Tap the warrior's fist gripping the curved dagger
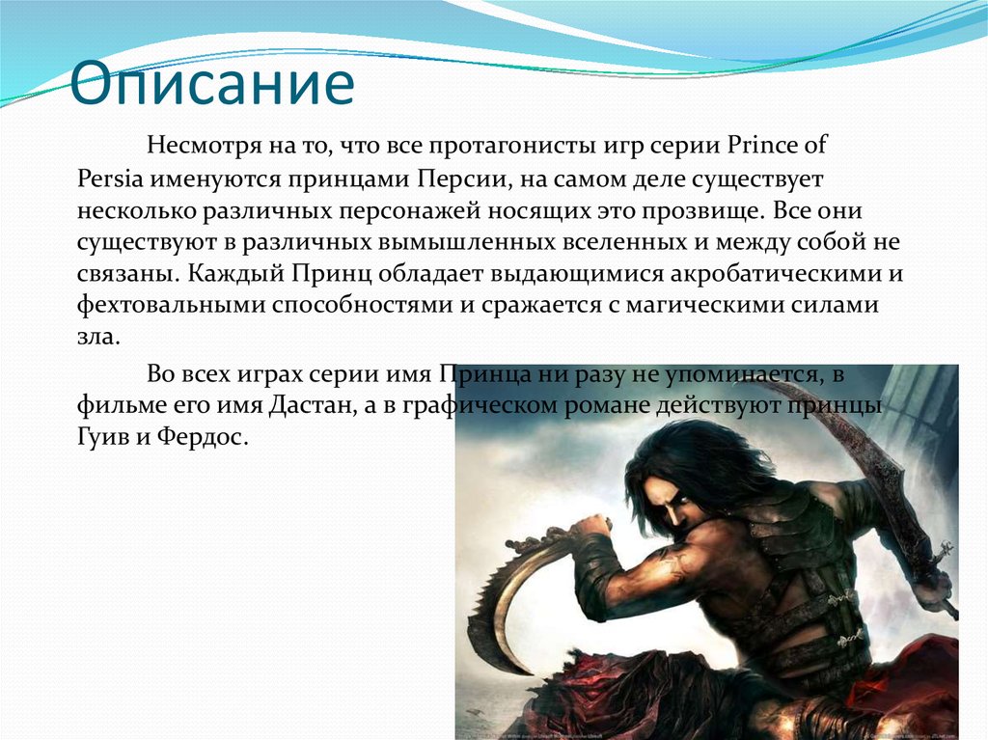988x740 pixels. coord(590,532)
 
